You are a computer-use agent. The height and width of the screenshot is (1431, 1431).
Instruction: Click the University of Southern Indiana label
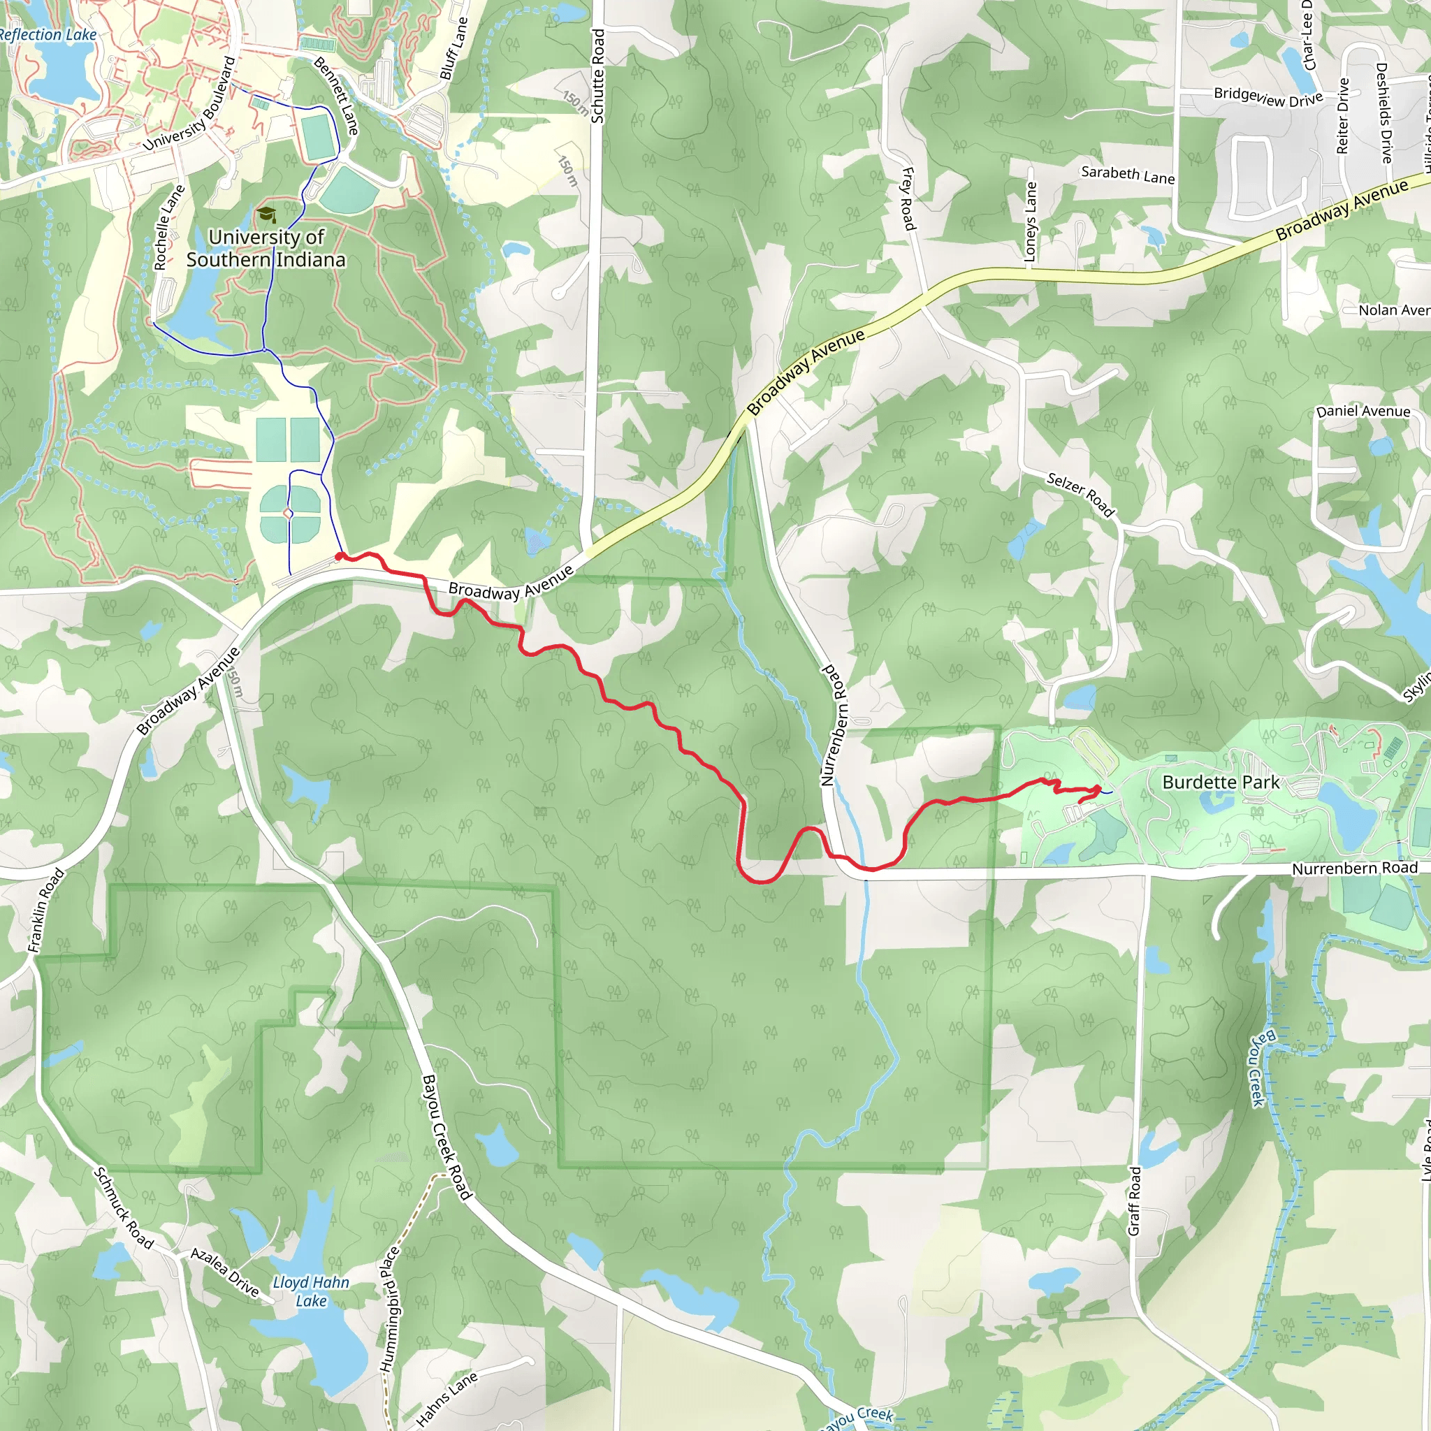tap(266, 248)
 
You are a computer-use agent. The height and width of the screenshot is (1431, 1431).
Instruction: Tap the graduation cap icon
tap(266, 215)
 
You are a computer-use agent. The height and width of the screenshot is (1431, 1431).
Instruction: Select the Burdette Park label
tap(1221, 782)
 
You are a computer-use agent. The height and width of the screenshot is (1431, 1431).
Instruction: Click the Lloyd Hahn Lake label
tap(310, 1292)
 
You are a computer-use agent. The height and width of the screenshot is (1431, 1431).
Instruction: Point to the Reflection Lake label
tap(48, 35)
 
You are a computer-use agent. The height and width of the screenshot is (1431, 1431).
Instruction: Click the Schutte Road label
tap(597, 76)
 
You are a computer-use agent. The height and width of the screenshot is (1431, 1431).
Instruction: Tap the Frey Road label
tap(908, 198)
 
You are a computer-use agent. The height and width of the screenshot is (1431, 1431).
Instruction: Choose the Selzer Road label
tap(1081, 494)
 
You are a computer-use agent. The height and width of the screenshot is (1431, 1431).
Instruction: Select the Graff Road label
tap(1134, 1201)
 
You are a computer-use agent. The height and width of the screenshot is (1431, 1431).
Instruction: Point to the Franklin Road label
tap(46, 910)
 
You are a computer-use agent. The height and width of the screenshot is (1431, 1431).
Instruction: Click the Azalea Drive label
tap(224, 1272)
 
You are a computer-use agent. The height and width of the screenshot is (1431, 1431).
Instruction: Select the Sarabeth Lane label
tap(1127, 175)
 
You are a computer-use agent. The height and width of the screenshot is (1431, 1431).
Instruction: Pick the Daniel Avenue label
tap(1363, 411)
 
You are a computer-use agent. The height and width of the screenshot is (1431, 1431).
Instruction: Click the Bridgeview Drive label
tap(1268, 97)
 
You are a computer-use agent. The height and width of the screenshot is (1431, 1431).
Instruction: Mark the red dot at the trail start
tap(339, 556)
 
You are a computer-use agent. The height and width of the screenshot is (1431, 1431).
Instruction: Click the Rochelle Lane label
tap(169, 228)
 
